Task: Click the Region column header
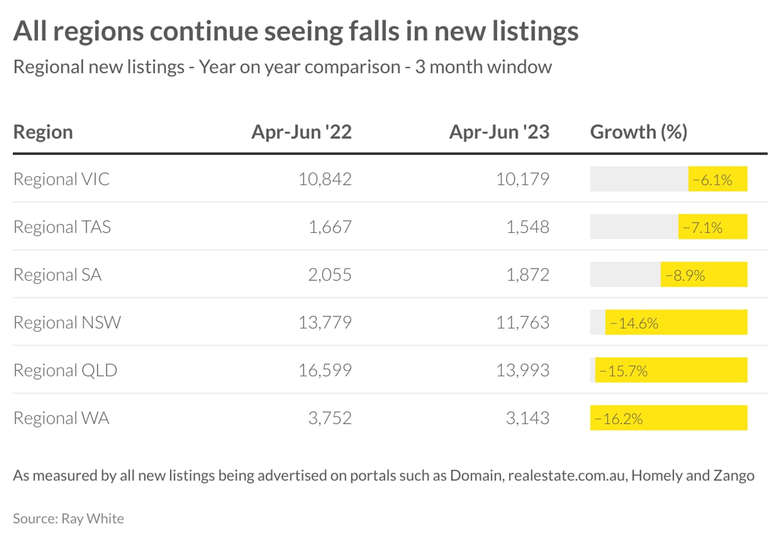(43, 132)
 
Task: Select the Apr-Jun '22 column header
(302, 132)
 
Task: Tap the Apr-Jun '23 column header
(499, 132)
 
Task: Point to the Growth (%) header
(639, 132)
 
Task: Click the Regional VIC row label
(61, 179)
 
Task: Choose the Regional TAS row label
(62, 227)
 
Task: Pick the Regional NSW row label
(67, 323)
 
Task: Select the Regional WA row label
(61, 418)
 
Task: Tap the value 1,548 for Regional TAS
(528, 228)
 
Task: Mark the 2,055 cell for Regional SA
(330, 275)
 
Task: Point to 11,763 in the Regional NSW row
(523, 323)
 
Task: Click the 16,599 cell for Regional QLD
(325, 370)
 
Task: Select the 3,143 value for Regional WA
(528, 418)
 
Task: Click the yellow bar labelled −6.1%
(718, 179)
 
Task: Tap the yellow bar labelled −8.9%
(704, 274)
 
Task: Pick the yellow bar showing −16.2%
(668, 418)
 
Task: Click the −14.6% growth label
(634, 324)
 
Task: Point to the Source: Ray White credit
(68, 519)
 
